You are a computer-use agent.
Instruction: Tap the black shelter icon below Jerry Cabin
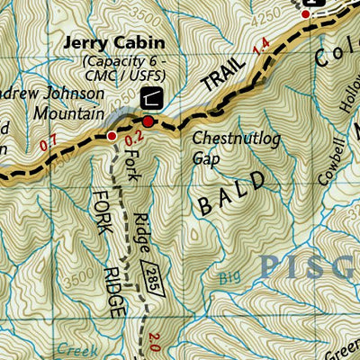coord(155,99)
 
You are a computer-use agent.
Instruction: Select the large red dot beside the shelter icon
coord(148,121)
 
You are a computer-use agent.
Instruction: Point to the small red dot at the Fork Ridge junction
coord(111,136)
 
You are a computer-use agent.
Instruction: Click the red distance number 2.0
coord(154,340)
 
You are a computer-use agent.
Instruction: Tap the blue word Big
coord(231,279)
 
